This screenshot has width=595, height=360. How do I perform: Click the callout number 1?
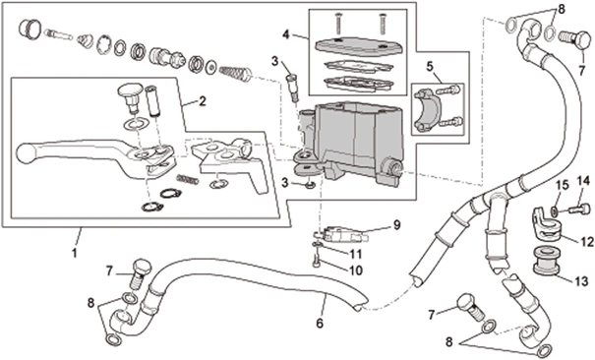(75, 252)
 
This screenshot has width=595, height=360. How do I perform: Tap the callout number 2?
(203, 101)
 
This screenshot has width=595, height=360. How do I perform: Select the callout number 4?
(286, 34)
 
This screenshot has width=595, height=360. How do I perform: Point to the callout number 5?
(430, 67)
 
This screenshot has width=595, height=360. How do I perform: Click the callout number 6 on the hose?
(320, 324)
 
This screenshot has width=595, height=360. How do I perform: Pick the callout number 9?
(396, 225)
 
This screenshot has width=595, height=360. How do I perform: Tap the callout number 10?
(356, 270)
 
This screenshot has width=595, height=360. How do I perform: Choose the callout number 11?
(356, 254)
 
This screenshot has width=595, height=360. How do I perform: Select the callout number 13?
(581, 281)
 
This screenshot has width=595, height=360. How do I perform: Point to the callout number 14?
(584, 181)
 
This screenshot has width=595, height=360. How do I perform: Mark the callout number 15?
(563, 186)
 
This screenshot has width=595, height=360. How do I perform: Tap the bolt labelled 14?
(579, 209)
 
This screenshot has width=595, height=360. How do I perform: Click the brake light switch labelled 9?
(340, 234)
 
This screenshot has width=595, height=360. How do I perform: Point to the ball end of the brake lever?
(26, 152)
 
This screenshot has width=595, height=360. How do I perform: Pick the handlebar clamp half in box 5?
(428, 110)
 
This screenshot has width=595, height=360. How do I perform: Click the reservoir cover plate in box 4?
(359, 46)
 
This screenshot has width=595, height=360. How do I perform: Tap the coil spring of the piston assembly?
(235, 73)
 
